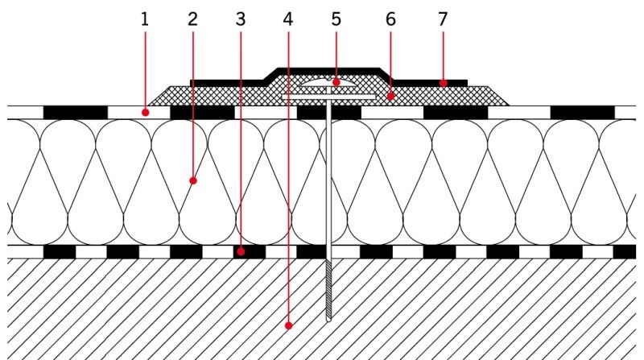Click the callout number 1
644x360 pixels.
144,19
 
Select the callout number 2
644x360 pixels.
192,19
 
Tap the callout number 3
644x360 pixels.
241,19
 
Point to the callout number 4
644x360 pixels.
288,19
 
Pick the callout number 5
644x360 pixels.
336,19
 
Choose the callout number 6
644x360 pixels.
390,19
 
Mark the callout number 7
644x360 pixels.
442,19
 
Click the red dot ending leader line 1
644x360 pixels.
145,112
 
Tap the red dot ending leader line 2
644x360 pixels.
193,180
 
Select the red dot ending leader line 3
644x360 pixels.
241,251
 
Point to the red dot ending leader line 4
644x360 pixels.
289,325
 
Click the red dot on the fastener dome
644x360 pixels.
336,82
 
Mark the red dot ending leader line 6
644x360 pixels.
391,97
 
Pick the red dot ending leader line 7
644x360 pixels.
444,83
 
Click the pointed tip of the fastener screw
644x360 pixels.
328,321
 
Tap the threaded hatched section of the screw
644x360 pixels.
328,290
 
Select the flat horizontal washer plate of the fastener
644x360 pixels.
328,97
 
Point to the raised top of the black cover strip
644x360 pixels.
328,71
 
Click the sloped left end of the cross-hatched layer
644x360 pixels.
160,96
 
